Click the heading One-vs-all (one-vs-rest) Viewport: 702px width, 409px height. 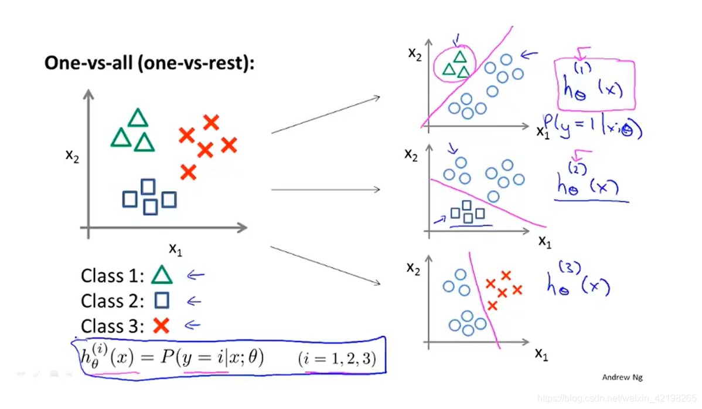[149, 63]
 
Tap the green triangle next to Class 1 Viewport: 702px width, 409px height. [162, 275]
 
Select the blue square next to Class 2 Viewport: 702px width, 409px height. [162, 301]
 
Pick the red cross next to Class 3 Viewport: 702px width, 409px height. [161, 325]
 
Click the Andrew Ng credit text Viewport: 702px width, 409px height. [622, 377]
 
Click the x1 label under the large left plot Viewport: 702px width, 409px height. [175, 249]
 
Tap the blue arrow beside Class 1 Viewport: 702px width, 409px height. [195, 275]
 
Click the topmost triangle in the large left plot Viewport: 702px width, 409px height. [138, 117]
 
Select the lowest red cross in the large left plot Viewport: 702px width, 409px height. [188, 172]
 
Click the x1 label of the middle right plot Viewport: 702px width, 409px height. [544, 241]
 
